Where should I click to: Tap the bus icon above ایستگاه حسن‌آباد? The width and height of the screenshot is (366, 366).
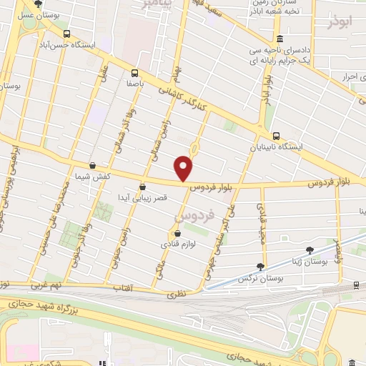point(66,33)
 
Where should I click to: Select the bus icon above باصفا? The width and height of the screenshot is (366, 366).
point(134,72)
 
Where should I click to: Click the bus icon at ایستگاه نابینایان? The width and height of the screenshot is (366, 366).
point(277,136)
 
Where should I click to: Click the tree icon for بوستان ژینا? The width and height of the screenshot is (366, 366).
point(309,249)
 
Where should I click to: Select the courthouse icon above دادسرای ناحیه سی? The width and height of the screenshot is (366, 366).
point(279,39)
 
